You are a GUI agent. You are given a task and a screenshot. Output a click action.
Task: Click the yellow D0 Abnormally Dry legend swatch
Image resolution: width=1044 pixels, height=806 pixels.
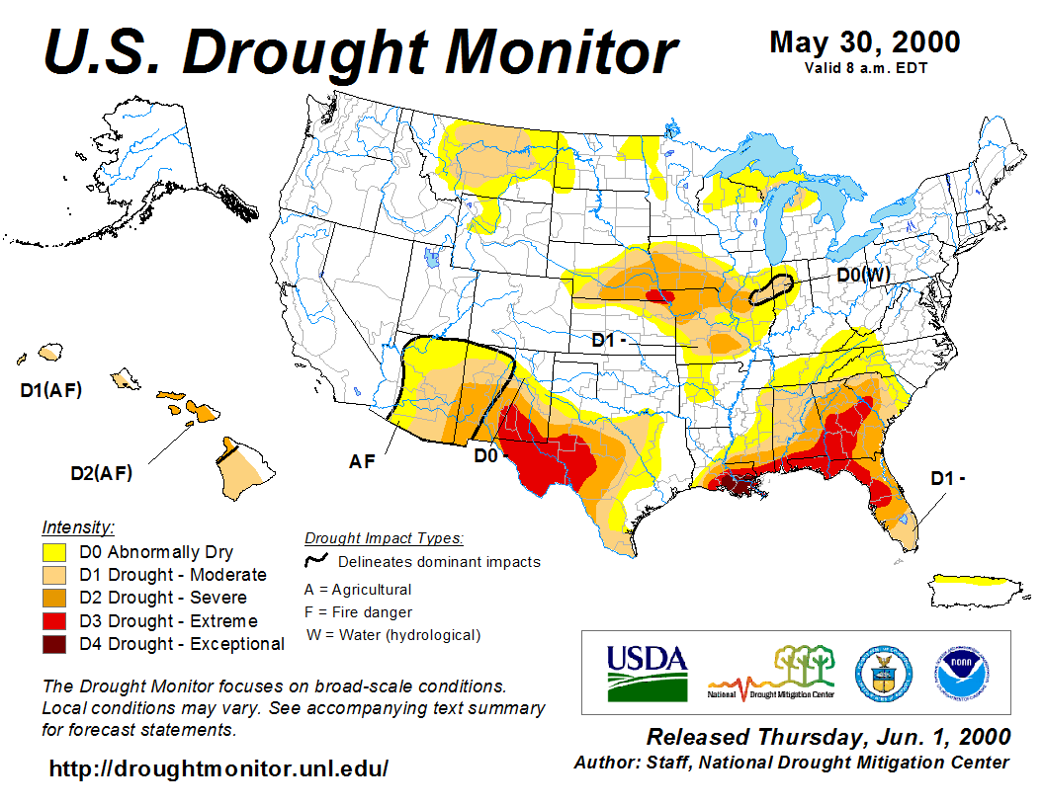53,552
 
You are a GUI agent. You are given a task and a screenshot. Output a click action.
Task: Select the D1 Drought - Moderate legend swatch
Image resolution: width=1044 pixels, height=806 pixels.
53,575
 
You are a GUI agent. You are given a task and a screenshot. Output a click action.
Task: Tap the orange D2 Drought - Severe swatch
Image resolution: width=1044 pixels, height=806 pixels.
53,598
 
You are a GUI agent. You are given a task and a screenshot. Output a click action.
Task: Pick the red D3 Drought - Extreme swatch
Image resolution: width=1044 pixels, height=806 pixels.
53,621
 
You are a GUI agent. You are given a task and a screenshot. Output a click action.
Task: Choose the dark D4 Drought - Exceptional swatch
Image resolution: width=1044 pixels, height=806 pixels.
53,644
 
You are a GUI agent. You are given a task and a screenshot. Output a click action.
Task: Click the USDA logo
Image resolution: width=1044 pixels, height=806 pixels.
647,672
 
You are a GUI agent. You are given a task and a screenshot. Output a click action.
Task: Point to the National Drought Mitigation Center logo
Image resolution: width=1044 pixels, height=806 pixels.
772,673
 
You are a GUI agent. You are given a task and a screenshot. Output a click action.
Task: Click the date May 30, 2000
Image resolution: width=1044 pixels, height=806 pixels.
864,42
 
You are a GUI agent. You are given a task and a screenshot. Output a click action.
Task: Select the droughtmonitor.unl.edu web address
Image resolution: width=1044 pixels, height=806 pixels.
218,767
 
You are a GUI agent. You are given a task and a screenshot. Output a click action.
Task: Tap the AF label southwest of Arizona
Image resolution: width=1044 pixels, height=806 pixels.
362,460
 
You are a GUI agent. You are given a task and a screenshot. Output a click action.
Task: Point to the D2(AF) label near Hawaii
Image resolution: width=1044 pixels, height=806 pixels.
101,472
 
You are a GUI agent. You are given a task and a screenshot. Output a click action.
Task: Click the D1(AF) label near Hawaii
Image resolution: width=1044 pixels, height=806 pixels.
51,390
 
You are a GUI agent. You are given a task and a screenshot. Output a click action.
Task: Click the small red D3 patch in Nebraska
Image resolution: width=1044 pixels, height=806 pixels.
658,295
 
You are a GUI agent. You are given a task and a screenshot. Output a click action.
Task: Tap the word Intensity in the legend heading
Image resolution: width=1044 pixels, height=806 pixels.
78,526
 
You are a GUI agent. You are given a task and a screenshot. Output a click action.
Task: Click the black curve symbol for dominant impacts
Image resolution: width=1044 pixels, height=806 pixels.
316,561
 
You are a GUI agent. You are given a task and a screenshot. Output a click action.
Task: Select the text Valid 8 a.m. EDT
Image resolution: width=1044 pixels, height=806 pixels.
865,67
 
